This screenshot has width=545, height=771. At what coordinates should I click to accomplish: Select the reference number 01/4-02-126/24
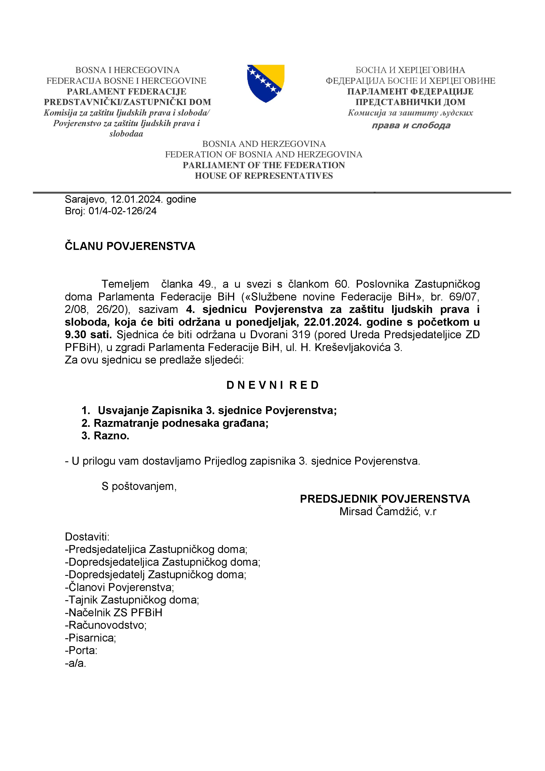point(123,211)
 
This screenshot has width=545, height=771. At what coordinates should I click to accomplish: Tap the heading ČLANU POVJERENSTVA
point(130,246)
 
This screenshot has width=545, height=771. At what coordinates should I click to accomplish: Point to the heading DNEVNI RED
point(272,385)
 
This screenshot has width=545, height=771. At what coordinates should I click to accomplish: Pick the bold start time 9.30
point(76,335)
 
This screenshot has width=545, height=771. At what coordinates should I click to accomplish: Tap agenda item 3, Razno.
point(105,436)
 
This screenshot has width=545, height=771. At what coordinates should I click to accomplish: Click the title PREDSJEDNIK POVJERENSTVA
point(385,499)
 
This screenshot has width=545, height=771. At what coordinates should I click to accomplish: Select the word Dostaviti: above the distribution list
point(87,537)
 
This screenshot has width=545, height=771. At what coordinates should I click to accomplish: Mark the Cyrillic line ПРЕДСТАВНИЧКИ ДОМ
point(410,102)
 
